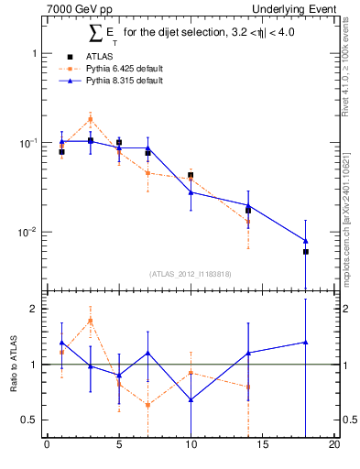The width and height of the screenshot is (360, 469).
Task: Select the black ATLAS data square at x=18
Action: (x=306, y=252)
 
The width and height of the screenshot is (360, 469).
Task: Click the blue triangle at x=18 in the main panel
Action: (x=306, y=241)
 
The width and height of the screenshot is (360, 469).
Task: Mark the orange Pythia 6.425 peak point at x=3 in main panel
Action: (x=90, y=119)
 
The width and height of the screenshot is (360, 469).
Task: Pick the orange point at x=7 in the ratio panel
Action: (x=147, y=405)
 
